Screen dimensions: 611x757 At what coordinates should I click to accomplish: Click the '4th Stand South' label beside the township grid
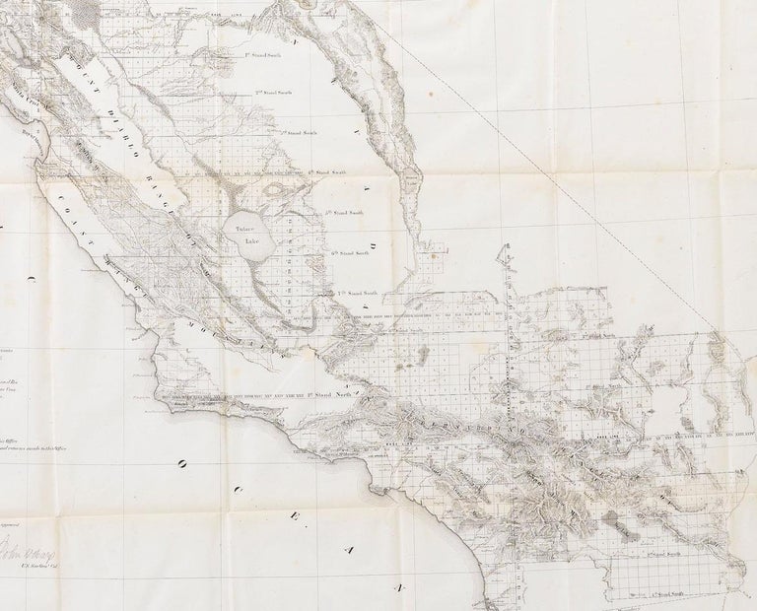tap(325, 170)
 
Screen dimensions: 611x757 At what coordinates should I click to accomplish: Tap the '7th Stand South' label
tap(358, 294)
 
